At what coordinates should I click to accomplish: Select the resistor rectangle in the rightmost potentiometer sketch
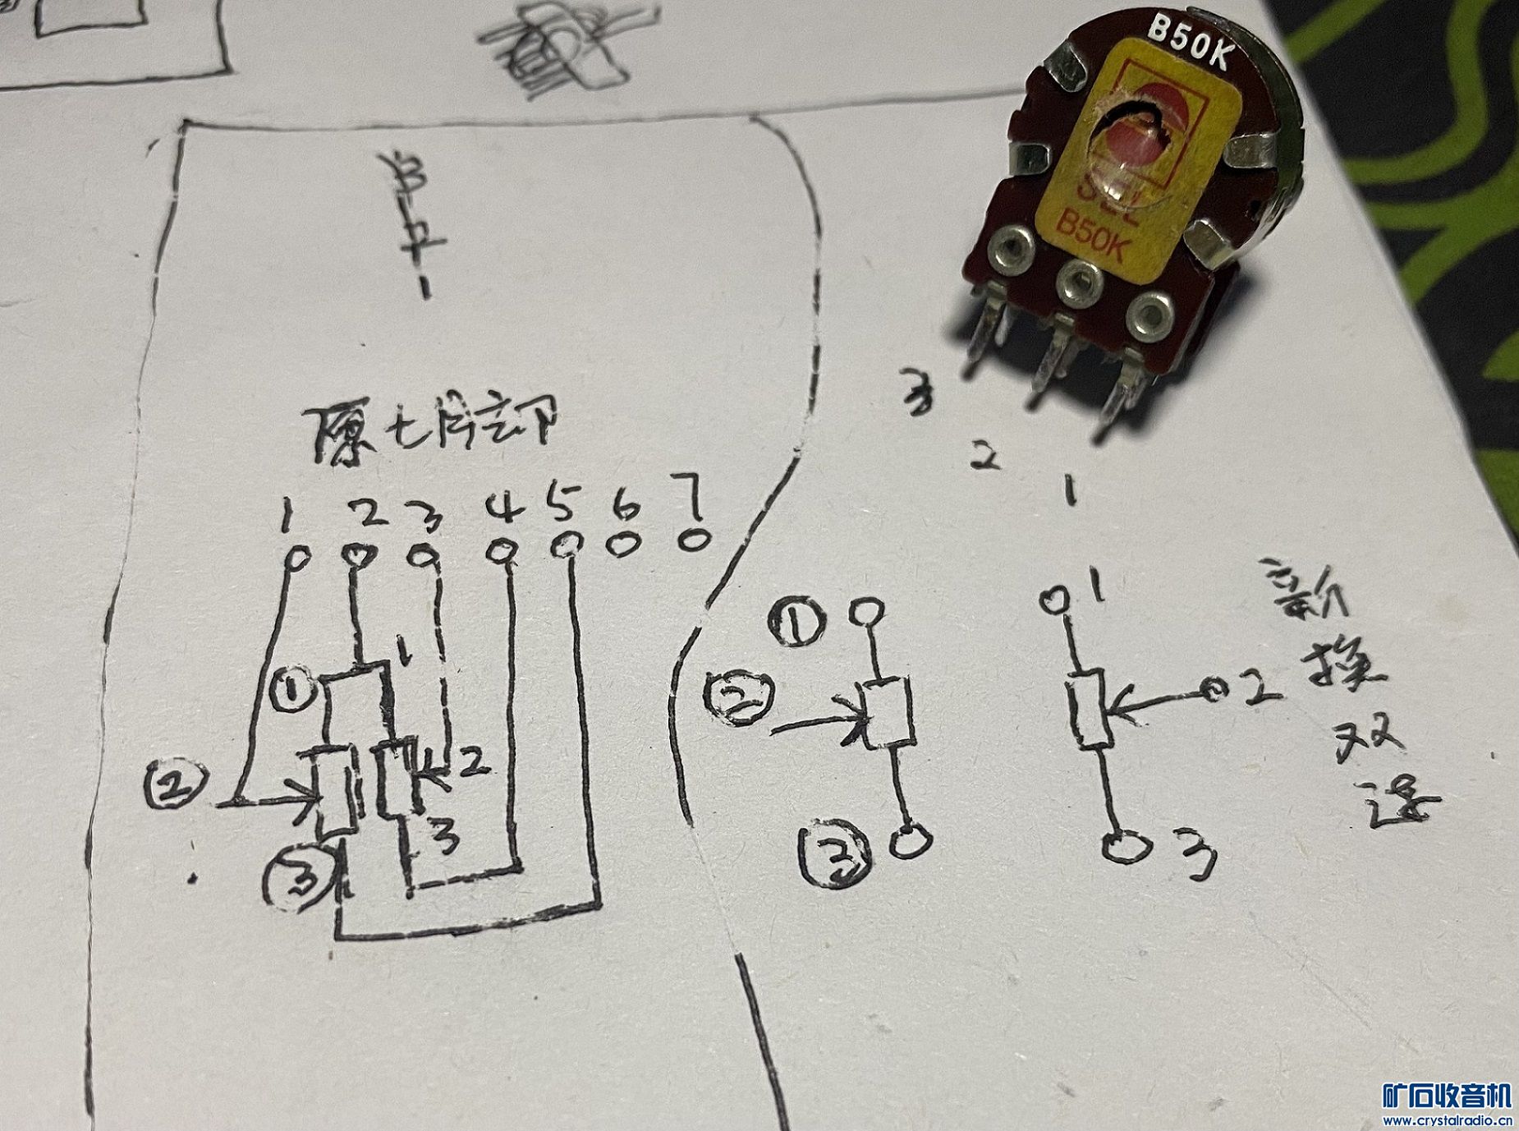[x=1092, y=707]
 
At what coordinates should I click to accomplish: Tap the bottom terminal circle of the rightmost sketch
[x=1122, y=846]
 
